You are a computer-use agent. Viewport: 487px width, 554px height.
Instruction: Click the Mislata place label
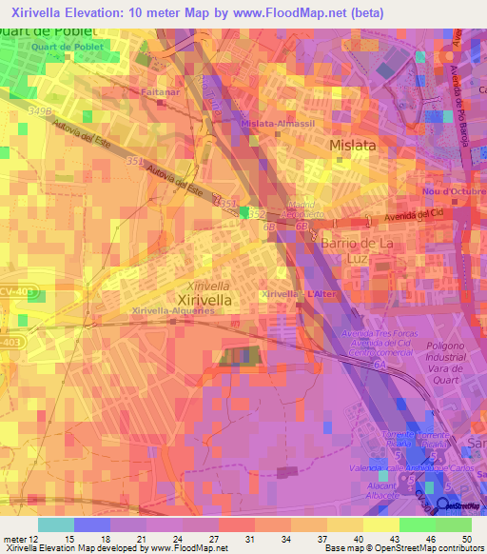352,146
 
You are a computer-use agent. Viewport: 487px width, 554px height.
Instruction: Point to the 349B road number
39,111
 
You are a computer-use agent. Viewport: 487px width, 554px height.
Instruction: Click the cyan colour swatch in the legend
55,524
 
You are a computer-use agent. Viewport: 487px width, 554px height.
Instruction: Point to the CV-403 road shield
29,295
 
